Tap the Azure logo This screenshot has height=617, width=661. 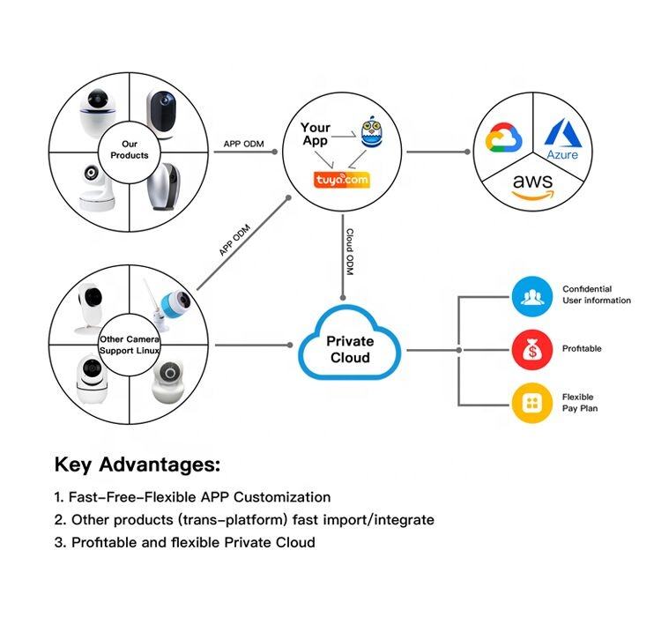point(562,139)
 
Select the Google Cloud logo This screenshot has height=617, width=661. point(505,139)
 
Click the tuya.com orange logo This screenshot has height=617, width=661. point(342,181)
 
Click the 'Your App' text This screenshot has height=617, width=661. point(316,134)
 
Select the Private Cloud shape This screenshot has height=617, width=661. point(350,349)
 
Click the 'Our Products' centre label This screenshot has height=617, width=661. point(130,149)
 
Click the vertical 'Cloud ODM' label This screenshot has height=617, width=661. point(350,251)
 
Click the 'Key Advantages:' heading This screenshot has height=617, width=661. point(137,465)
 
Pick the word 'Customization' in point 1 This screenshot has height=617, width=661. point(282,497)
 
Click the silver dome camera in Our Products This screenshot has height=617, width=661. point(165,188)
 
